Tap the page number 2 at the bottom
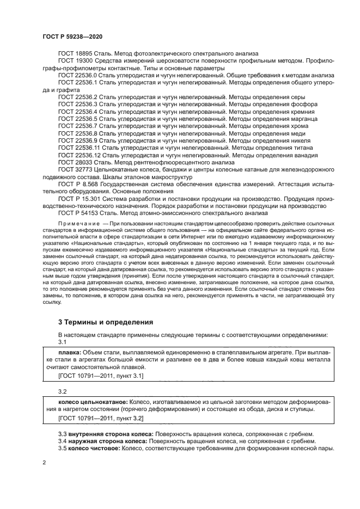tap(45, 462)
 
